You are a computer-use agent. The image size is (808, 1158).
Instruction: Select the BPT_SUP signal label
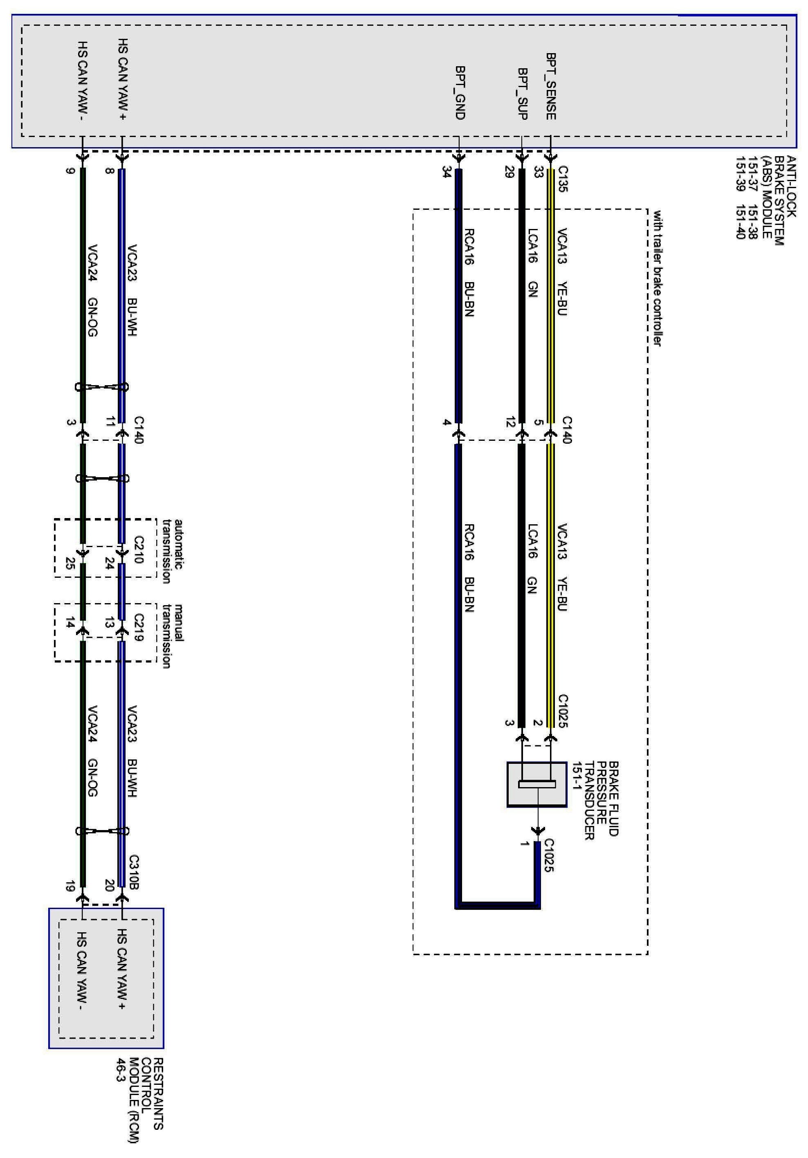click(x=523, y=94)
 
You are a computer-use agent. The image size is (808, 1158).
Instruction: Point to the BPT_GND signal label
click(x=460, y=92)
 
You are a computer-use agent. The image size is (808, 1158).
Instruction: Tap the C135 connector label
click(x=563, y=179)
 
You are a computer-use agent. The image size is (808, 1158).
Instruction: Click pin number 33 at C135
click(x=538, y=172)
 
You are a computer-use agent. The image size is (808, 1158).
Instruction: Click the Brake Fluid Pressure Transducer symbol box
click(x=536, y=784)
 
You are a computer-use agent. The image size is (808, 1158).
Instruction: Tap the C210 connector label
click(x=139, y=550)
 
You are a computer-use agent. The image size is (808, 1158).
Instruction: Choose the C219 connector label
click(x=139, y=627)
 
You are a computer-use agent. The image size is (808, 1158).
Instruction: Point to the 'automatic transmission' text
click(x=171, y=551)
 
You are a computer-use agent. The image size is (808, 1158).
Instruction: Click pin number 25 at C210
click(x=70, y=564)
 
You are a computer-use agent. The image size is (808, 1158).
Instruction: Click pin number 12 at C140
click(x=510, y=422)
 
